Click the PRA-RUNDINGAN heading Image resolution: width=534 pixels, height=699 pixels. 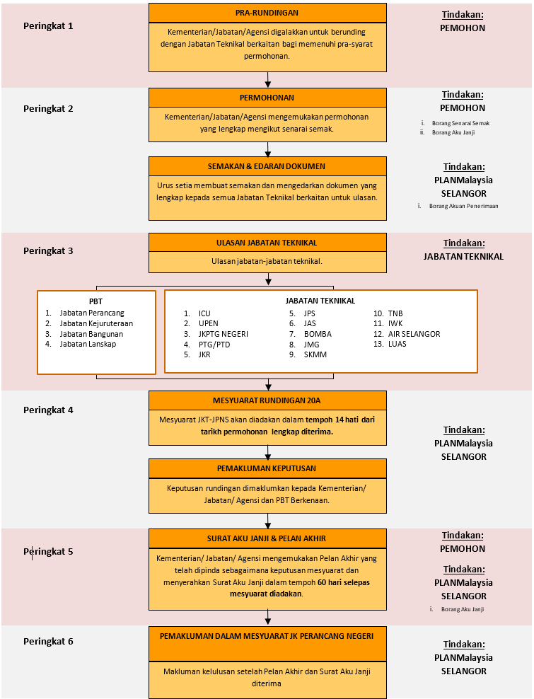[267, 13]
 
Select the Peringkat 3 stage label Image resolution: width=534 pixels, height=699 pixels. [48, 250]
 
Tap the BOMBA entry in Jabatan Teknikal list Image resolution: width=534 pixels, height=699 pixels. [318, 334]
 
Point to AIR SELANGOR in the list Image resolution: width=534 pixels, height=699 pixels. [414, 334]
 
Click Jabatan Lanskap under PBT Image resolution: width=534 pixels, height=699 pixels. [88, 344]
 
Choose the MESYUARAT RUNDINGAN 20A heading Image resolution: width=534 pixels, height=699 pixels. [267, 400]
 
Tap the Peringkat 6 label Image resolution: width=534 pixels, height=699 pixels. [48, 642]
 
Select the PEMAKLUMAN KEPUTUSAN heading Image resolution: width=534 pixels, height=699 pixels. [267, 468]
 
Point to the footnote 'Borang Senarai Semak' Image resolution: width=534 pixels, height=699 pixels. [460, 123]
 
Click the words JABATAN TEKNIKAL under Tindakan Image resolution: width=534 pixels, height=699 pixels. [463, 257]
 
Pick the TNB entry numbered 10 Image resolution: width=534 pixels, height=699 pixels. [395, 313]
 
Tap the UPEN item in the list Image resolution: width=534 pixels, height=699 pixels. [209, 323]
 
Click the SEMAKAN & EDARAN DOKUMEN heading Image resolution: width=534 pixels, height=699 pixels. [267, 166]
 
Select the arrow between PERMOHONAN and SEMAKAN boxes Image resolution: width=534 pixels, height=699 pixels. [267, 149]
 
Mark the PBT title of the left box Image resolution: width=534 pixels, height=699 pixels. [96, 301]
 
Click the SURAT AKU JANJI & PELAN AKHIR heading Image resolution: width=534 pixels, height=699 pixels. [267, 538]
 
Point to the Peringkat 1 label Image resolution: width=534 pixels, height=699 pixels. [48, 25]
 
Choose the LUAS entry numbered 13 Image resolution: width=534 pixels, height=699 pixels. [397, 344]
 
